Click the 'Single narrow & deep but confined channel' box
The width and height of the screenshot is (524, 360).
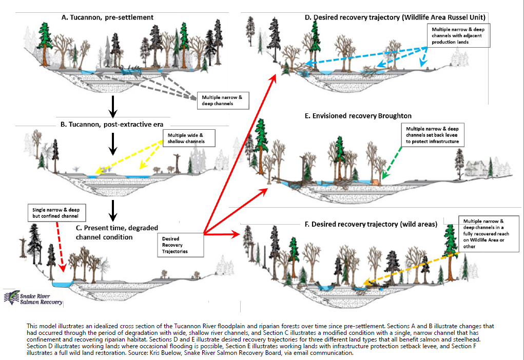click(56, 213)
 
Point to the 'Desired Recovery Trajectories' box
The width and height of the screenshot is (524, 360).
click(182, 245)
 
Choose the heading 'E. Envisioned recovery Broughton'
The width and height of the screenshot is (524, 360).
click(358, 116)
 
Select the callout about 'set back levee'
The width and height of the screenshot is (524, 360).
click(431, 134)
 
